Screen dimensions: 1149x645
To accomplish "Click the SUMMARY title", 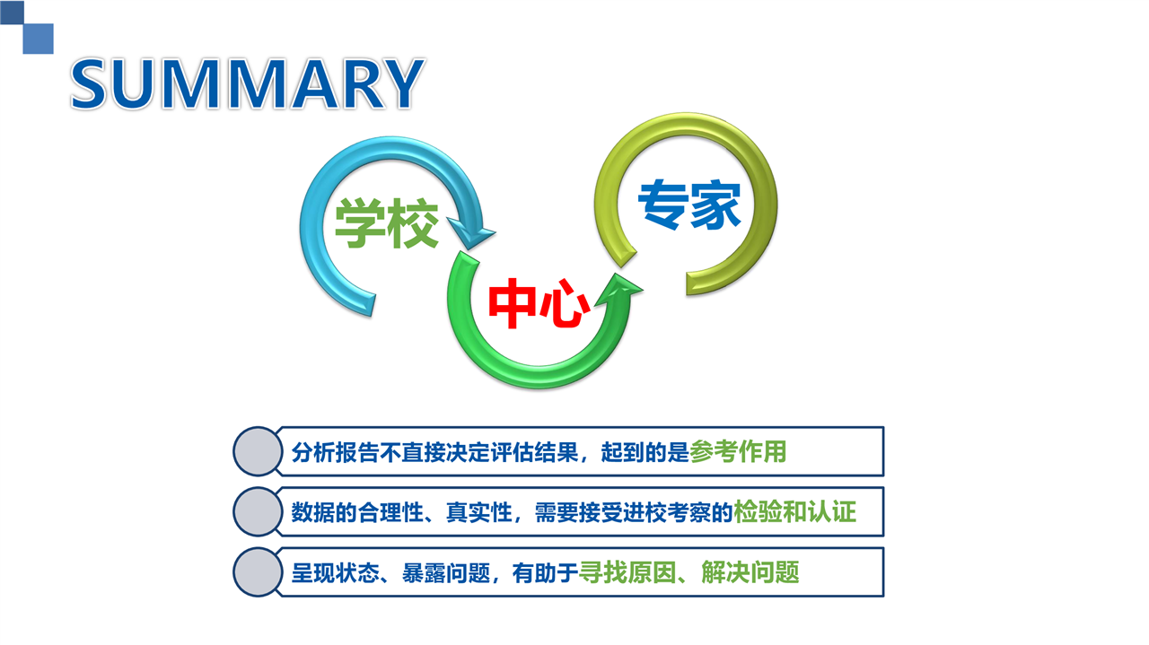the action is [248, 83].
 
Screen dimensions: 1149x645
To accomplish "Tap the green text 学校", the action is [387, 223].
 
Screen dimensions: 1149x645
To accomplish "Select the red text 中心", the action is [539, 303].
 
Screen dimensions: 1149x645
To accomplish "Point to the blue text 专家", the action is [689, 204].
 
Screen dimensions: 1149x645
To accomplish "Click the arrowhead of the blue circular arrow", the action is [471, 233].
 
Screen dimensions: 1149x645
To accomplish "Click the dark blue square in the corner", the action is [12, 12].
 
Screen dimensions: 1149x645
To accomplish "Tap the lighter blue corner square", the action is [39, 39].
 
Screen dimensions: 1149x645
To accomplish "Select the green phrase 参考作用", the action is [738, 452].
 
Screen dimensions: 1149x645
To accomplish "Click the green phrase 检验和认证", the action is [794, 511].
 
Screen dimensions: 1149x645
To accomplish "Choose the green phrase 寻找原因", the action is [627, 572].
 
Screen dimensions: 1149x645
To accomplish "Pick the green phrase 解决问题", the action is [750, 572].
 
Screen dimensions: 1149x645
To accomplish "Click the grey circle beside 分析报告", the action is [258, 451].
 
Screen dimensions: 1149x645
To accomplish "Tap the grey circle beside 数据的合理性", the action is [258, 511].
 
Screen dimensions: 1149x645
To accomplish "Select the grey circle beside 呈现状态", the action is [258, 572].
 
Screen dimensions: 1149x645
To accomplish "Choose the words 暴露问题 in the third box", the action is [446, 572].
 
